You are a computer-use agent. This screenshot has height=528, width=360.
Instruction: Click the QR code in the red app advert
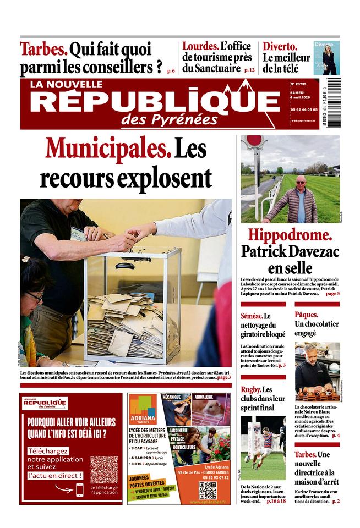[103, 469]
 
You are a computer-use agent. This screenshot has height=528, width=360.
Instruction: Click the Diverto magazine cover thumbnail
[326, 57]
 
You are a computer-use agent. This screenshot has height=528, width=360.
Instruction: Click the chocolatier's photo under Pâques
[317, 372]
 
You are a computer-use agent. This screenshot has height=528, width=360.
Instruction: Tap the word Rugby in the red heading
[250, 389]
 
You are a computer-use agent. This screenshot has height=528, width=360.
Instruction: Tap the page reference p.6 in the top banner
[171, 71]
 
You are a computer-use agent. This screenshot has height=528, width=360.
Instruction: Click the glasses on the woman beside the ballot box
[35, 297]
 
